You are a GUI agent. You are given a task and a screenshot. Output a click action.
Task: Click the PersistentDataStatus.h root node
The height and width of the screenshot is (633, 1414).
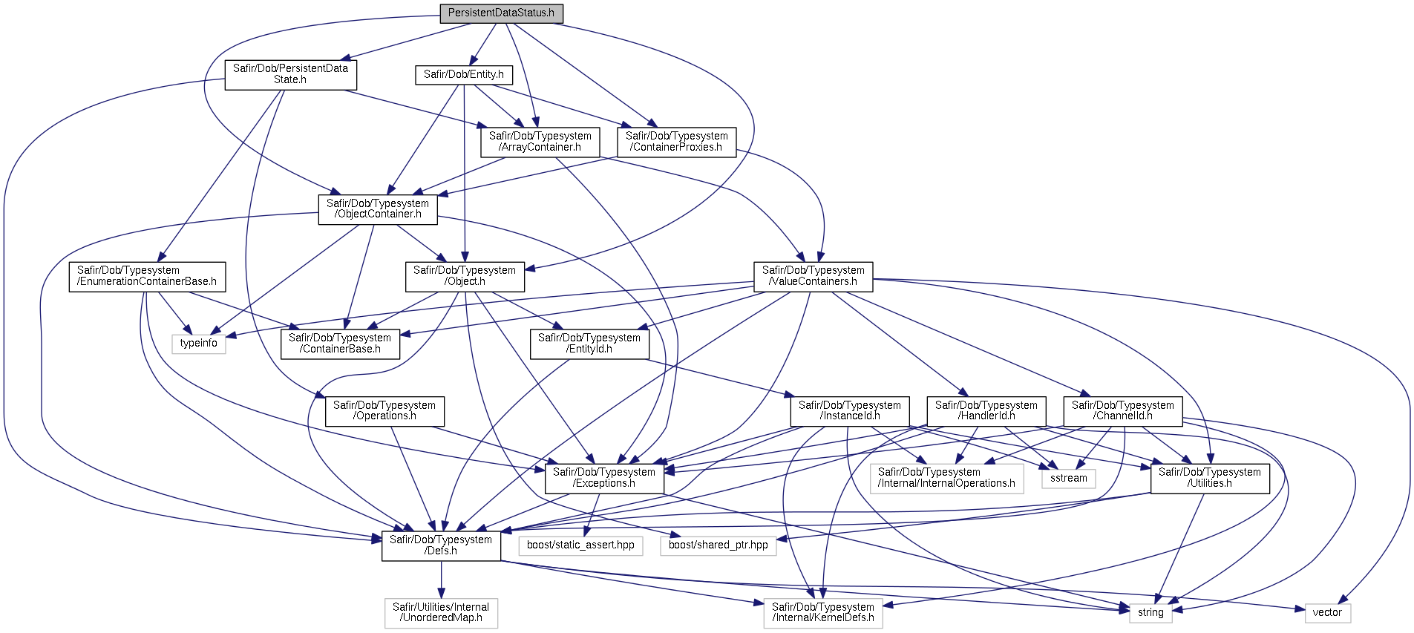point(501,13)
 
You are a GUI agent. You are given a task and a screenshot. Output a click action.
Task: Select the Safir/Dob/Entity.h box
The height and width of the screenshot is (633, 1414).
point(463,74)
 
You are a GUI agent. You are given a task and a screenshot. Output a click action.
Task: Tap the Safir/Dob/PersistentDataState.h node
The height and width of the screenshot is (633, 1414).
point(290,74)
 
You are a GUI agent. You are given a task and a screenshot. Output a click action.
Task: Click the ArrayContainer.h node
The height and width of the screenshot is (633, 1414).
point(540,142)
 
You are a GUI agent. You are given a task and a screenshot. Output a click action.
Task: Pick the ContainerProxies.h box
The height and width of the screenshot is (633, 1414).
point(676,142)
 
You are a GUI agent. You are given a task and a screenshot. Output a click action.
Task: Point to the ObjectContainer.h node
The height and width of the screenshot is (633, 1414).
point(377,209)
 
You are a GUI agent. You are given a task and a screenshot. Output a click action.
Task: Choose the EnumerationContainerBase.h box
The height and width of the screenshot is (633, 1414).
point(147,276)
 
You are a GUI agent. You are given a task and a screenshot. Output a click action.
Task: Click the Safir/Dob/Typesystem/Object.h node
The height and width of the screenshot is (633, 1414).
point(465,276)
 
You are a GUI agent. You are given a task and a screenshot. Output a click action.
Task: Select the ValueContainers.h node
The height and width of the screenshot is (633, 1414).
point(813,276)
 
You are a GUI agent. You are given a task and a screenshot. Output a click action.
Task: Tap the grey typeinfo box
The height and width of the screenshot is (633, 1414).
point(199,344)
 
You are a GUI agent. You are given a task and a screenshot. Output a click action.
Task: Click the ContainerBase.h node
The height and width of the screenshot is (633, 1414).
point(340,344)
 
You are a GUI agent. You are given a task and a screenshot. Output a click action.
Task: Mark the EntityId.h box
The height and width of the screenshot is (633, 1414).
point(589,344)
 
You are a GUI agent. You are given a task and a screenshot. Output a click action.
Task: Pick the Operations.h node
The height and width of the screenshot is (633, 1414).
point(384,411)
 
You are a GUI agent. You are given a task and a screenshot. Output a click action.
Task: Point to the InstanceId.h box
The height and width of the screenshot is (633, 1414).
point(850,411)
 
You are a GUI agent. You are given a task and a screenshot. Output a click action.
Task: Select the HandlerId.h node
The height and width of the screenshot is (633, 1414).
point(986,411)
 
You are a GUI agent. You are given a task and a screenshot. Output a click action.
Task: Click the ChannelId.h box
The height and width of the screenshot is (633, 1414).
point(1122,411)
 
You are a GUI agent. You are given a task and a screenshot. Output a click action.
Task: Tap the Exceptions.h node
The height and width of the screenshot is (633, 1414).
point(604,478)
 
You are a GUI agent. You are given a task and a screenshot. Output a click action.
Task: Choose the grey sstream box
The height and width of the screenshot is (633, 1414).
point(1068,479)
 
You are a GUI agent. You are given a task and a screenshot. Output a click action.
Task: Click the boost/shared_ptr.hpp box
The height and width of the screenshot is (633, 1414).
point(718,545)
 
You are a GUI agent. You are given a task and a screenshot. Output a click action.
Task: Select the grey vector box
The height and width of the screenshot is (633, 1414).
point(1327,613)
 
